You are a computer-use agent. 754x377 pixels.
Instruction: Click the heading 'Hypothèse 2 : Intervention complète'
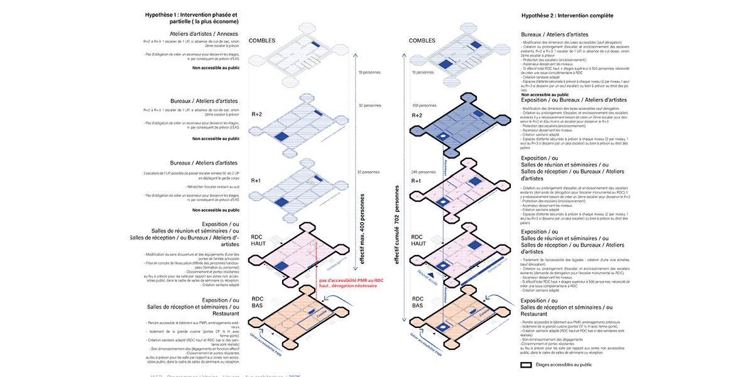pos(567,15)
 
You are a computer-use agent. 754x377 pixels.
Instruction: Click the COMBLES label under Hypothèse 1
pos(262,41)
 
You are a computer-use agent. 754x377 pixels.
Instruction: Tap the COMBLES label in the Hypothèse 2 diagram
pos(422,41)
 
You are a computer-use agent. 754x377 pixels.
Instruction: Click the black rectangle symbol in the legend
pos(526,364)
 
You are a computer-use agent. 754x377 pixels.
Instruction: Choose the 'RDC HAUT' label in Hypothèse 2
pos(418,239)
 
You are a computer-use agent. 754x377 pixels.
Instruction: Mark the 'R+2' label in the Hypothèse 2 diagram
pos(417,116)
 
